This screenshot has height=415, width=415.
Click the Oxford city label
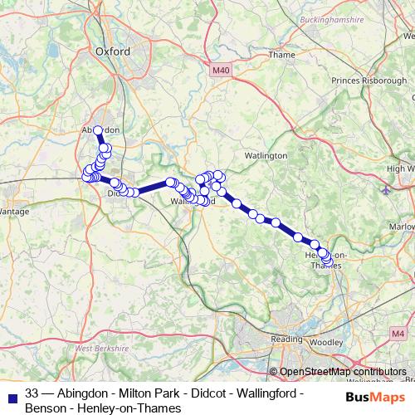(x=113, y=51)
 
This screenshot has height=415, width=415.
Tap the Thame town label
(x=281, y=55)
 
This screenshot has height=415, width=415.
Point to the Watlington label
(x=266, y=155)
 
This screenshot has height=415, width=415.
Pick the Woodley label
(x=330, y=341)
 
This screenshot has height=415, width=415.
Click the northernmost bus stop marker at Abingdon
(x=98, y=130)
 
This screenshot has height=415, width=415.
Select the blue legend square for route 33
(x=9, y=393)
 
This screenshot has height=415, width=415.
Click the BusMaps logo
(x=375, y=397)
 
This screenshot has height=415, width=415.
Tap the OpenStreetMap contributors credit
(x=343, y=372)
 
